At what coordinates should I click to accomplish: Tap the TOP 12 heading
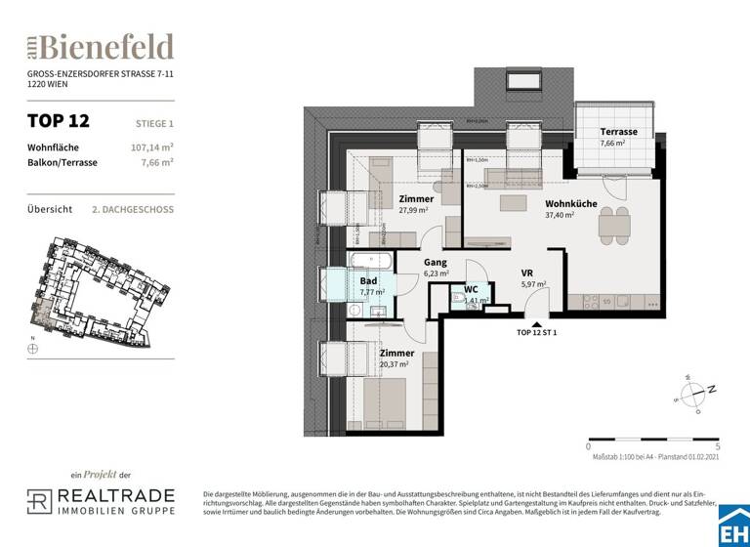(x=58, y=122)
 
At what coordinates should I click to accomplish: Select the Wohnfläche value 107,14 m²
(x=152, y=147)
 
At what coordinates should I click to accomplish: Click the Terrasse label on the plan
(x=618, y=131)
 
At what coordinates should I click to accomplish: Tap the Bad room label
(x=368, y=280)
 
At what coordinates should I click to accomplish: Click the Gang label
(x=435, y=263)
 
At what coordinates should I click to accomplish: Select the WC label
(x=470, y=289)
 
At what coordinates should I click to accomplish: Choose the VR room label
(x=526, y=273)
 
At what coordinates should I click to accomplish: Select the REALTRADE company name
(x=115, y=496)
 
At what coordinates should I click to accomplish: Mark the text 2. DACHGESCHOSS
(x=132, y=209)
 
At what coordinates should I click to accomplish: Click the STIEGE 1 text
(x=154, y=123)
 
